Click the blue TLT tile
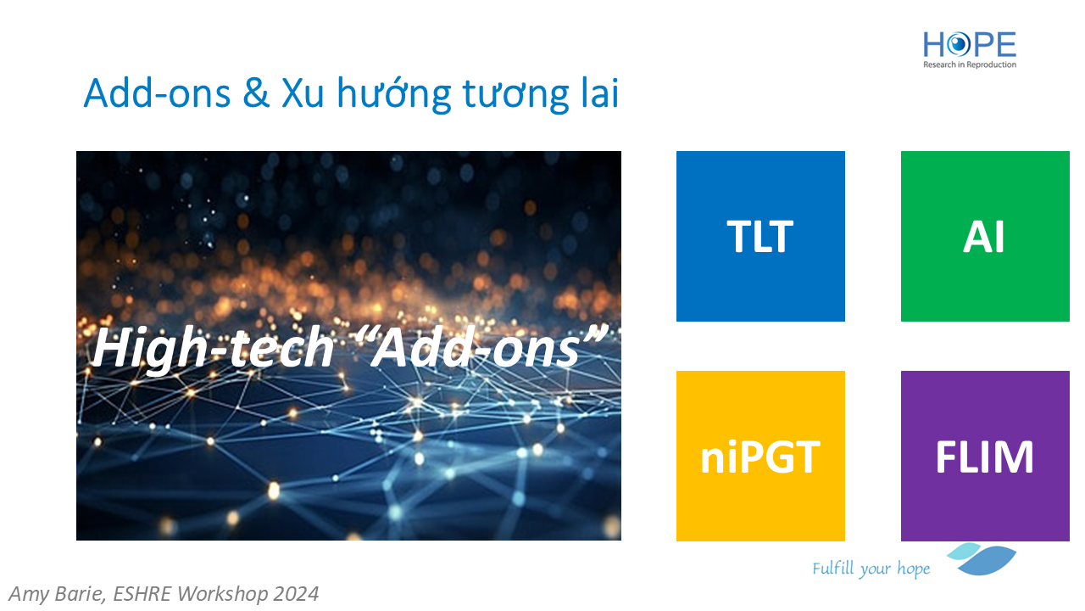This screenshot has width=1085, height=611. [x=760, y=236]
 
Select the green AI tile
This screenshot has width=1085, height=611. [x=985, y=236]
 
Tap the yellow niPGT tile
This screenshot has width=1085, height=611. [x=760, y=456]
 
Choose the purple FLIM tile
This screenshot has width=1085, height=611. [x=985, y=456]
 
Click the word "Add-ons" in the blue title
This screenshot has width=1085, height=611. [x=157, y=93]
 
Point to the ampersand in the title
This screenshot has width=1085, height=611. [x=256, y=93]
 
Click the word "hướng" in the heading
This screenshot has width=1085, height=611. [x=394, y=94]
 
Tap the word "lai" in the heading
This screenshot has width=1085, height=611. [x=600, y=92]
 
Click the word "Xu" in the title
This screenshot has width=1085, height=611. [x=303, y=93]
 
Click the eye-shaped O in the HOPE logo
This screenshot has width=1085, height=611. [x=959, y=45]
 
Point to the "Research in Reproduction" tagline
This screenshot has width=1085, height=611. [x=969, y=64]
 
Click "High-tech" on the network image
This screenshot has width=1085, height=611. [x=213, y=349]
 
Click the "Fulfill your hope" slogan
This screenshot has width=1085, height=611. [x=871, y=569]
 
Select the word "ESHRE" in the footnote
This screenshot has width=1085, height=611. [x=142, y=593]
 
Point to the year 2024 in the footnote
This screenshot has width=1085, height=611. [x=296, y=593]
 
